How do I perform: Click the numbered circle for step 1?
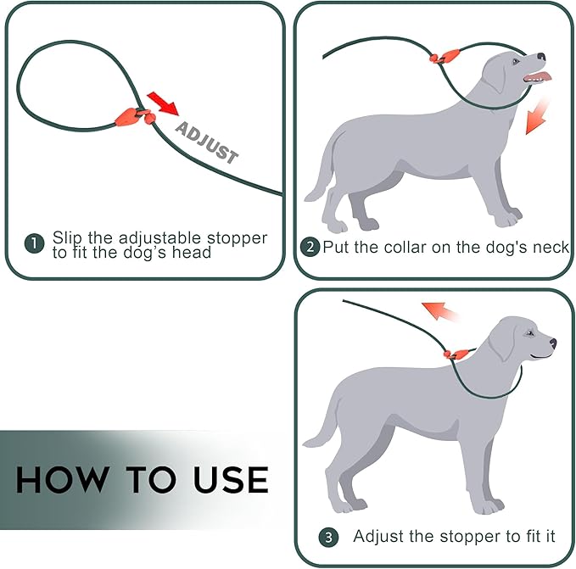[34, 243]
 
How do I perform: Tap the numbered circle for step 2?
[310, 247]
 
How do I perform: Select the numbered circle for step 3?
[328, 537]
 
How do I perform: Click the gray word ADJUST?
[206, 142]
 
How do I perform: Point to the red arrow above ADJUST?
[163, 104]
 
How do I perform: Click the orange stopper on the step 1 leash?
[134, 116]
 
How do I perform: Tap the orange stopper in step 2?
[445, 57]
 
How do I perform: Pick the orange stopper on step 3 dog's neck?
[456, 354]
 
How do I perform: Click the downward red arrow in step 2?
[537, 117]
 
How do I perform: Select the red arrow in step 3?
[439, 311]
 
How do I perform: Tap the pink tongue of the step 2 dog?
[539, 77]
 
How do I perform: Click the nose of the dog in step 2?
[541, 57]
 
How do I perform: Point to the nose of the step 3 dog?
[553, 343]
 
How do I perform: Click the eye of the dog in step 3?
[529, 333]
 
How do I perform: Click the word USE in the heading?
[231, 479]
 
